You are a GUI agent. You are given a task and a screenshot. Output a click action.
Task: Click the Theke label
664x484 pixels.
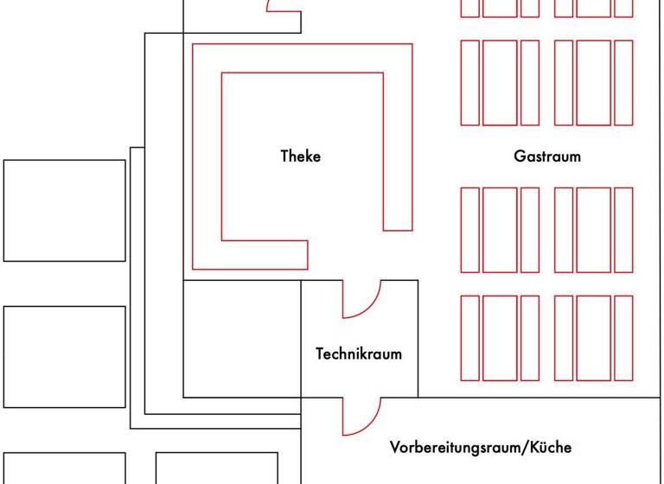[x=300, y=156]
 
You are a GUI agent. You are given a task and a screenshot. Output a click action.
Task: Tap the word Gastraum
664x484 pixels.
[x=546, y=156]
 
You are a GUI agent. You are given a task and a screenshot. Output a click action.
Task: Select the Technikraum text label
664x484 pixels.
[x=358, y=353]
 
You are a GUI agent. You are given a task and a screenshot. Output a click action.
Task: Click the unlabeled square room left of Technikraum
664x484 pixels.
[x=242, y=339]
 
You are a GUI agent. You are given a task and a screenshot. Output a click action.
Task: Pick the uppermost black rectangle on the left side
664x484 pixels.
[x=65, y=210]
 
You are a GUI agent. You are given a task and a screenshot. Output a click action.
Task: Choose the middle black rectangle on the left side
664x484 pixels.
[x=65, y=356]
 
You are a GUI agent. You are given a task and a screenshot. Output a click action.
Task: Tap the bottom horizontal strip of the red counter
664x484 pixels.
[x=251, y=255]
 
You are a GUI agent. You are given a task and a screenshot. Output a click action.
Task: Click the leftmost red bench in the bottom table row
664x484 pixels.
[x=469, y=338]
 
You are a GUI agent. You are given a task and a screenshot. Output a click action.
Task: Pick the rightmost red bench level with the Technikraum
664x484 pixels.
[x=623, y=338]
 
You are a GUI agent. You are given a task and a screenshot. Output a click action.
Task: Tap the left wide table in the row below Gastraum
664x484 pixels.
[x=500, y=230]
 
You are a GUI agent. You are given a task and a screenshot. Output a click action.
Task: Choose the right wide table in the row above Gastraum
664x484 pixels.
[x=593, y=83]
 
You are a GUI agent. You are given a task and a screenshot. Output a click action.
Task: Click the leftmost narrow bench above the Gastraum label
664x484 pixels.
[x=469, y=83]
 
